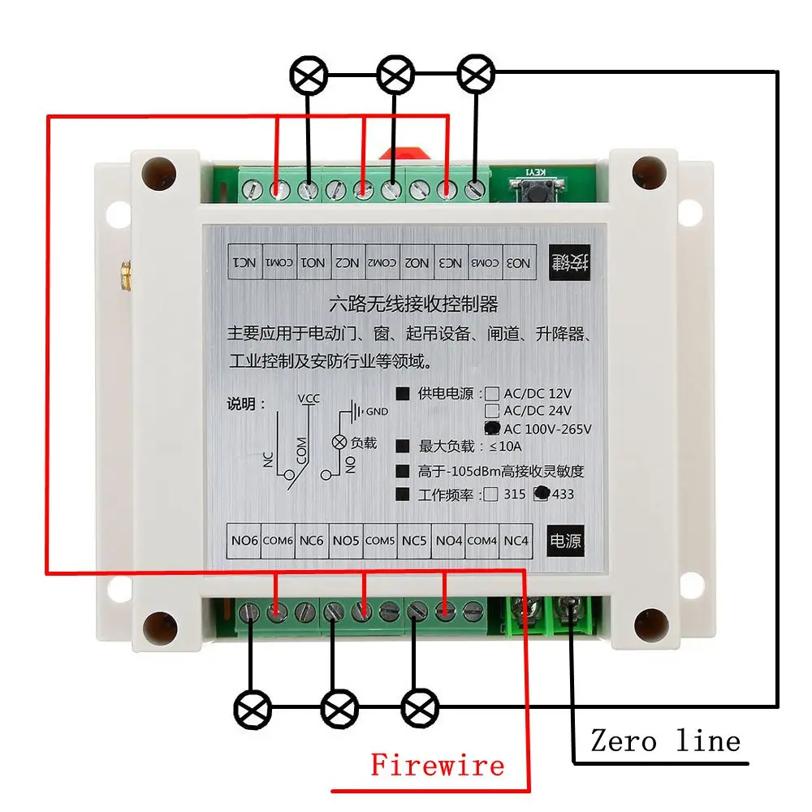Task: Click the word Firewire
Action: click(437, 765)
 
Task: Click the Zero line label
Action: click(665, 741)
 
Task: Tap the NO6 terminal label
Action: click(244, 541)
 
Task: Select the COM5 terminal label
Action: click(380, 541)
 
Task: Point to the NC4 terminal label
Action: click(516, 541)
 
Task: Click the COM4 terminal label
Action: click(482, 541)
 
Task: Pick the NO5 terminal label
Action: click(346, 541)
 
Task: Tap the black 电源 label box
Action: click(566, 541)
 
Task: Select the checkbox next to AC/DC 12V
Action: click(491, 395)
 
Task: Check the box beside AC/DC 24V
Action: click(491, 412)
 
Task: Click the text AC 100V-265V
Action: click(548, 429)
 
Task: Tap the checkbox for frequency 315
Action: click(491, 495)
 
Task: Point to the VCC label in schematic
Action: click(309, 398)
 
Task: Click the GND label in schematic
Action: click(378, 412)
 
